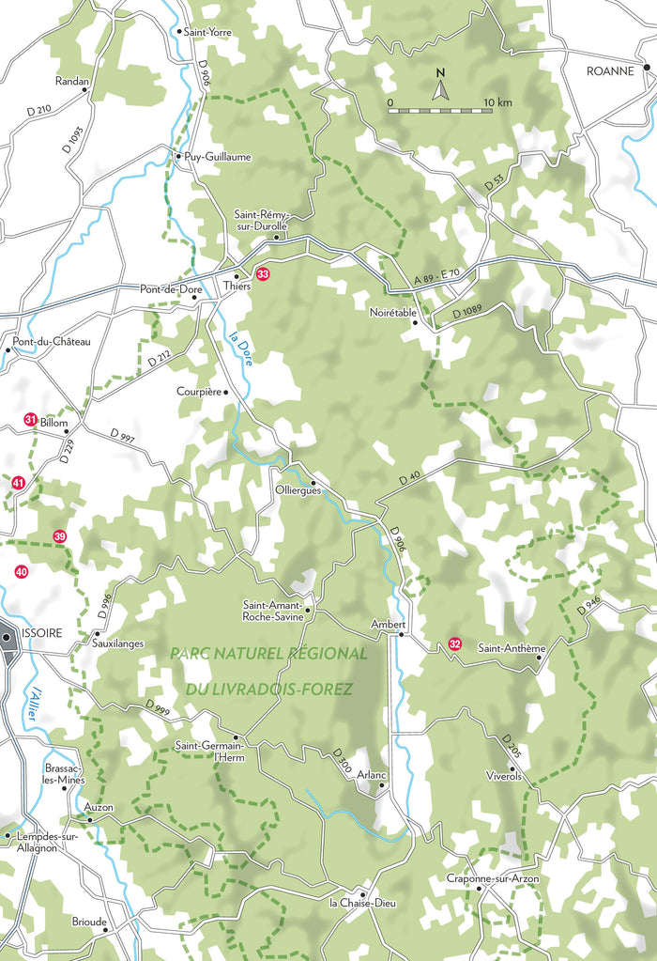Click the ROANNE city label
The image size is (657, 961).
610,70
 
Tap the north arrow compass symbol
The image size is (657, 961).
438,86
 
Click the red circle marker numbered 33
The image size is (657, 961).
263,274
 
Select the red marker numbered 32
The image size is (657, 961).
454,643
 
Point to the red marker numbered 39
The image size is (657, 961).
60,536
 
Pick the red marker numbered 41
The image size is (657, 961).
18,483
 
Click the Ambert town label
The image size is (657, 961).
388,623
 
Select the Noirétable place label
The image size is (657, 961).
392,312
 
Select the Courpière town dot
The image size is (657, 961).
226,392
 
